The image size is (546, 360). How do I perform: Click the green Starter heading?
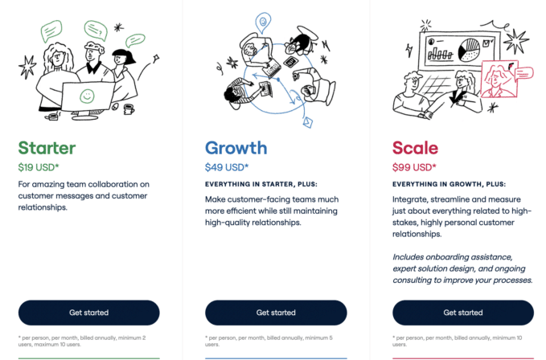47,148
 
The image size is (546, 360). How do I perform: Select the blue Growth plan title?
236,148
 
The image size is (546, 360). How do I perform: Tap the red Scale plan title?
415,148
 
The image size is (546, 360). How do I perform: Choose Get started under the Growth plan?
276,313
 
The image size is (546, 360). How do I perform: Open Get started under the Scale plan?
462,313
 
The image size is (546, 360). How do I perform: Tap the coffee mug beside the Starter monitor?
128,108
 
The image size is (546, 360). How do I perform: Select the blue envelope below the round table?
306,122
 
